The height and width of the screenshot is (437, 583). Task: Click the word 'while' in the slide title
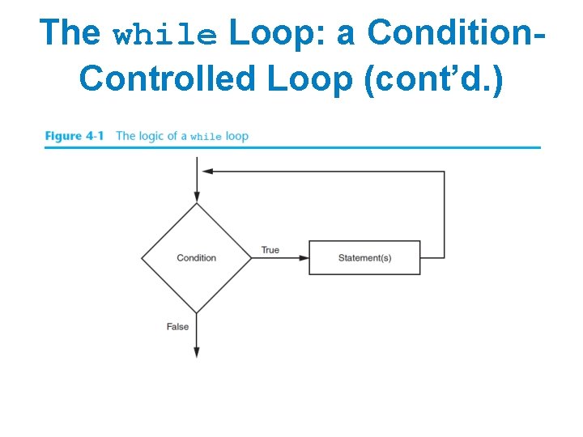pos(165,35)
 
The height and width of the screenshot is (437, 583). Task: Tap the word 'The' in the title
pos(70,32)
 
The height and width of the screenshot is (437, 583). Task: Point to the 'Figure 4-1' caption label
pos(74,136)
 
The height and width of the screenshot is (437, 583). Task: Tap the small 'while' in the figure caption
pos(206,137)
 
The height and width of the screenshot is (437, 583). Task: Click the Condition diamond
pos(196,258)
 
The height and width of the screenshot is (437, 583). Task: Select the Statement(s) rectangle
pos(364,258)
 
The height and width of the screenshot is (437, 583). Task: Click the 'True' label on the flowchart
pos(270,250)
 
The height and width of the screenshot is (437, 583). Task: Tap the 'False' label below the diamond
pos(177,327)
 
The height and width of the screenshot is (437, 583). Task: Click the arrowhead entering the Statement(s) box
pos(304,258)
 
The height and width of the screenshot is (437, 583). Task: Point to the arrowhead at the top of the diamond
pos(196,197)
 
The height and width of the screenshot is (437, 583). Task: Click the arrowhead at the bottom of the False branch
pos(196,352)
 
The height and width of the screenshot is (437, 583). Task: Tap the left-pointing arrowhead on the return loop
pos(207,172)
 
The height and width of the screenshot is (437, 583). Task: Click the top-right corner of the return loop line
pos(444,172)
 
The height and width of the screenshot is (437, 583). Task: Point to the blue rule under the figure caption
pos(292,147)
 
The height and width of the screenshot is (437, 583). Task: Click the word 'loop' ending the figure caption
pos(237,136)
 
